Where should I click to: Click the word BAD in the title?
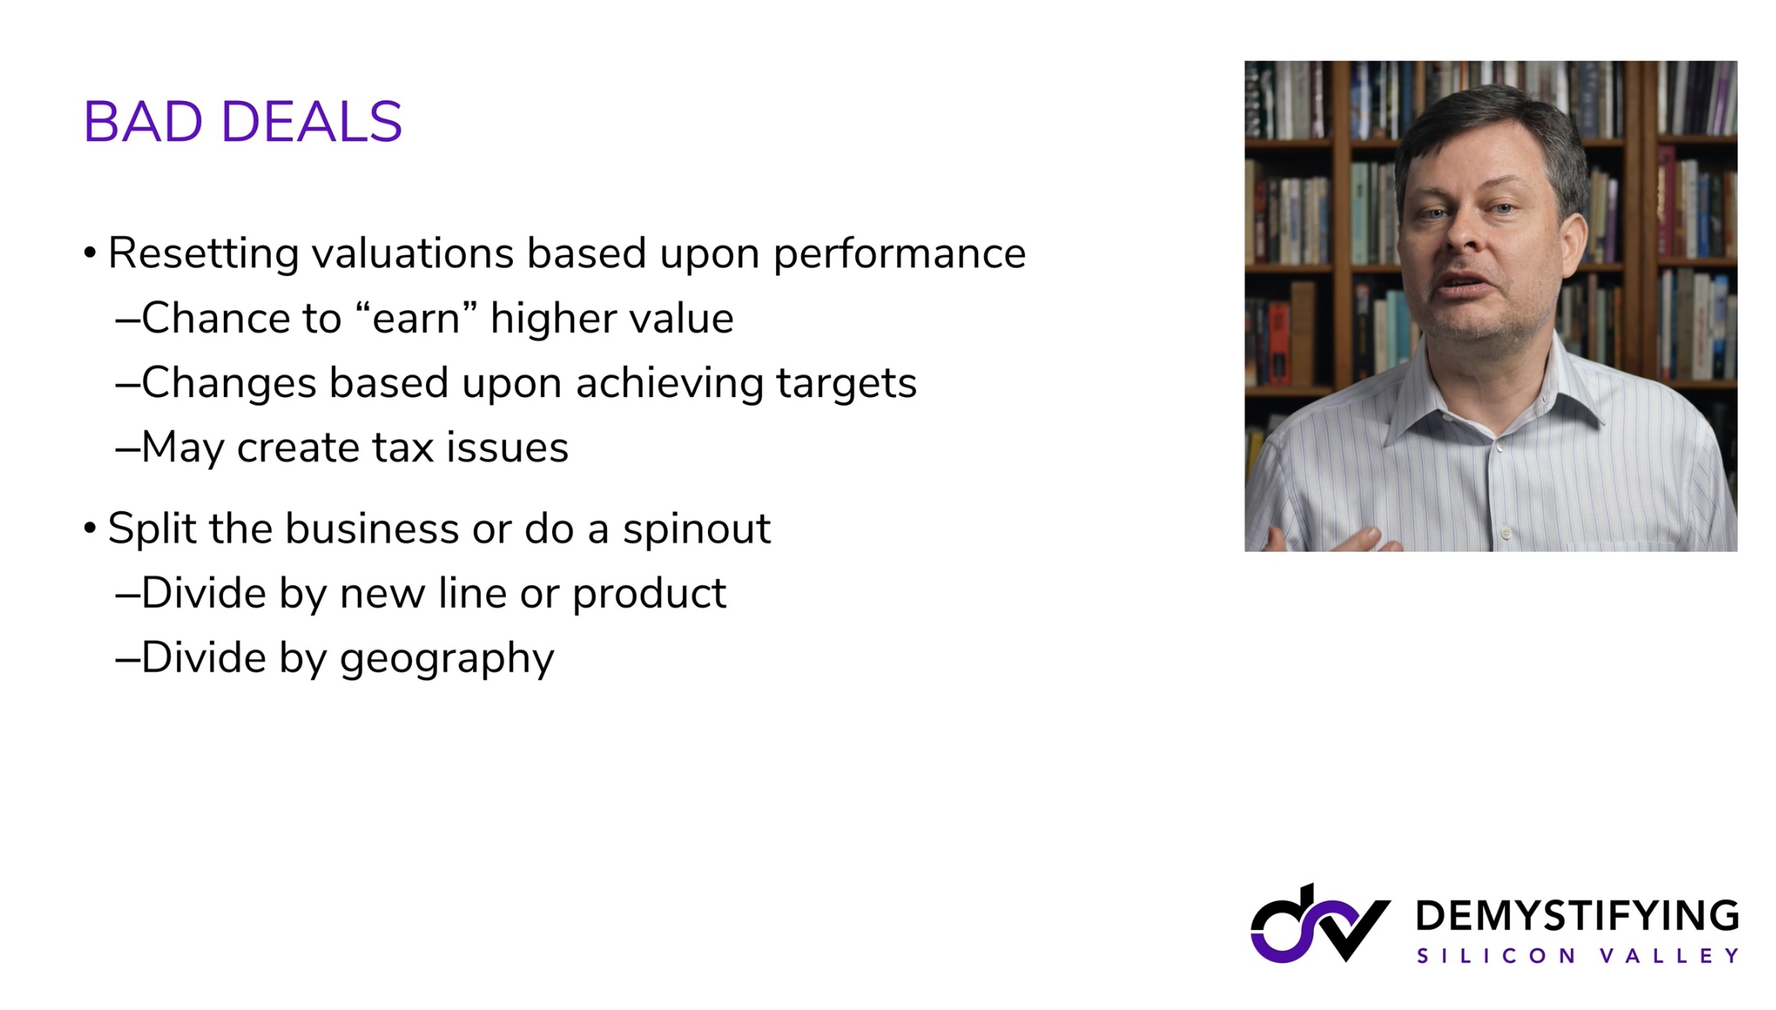[143, 122]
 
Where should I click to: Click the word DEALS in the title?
[312, 122]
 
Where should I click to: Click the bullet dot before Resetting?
[90, 253]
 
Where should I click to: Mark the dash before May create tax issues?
[128, 449]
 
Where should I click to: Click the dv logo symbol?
[1320, 924]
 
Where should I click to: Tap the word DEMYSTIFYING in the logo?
[1578, 916]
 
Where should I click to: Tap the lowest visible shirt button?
[1505, 534]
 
